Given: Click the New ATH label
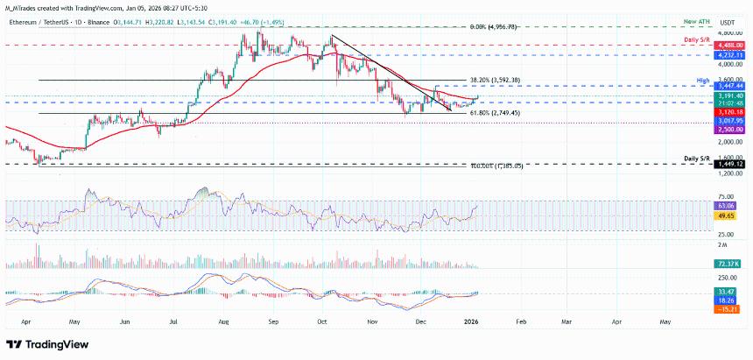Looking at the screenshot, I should coord(698,20).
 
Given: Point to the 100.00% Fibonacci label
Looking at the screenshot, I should coord(496,165).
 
